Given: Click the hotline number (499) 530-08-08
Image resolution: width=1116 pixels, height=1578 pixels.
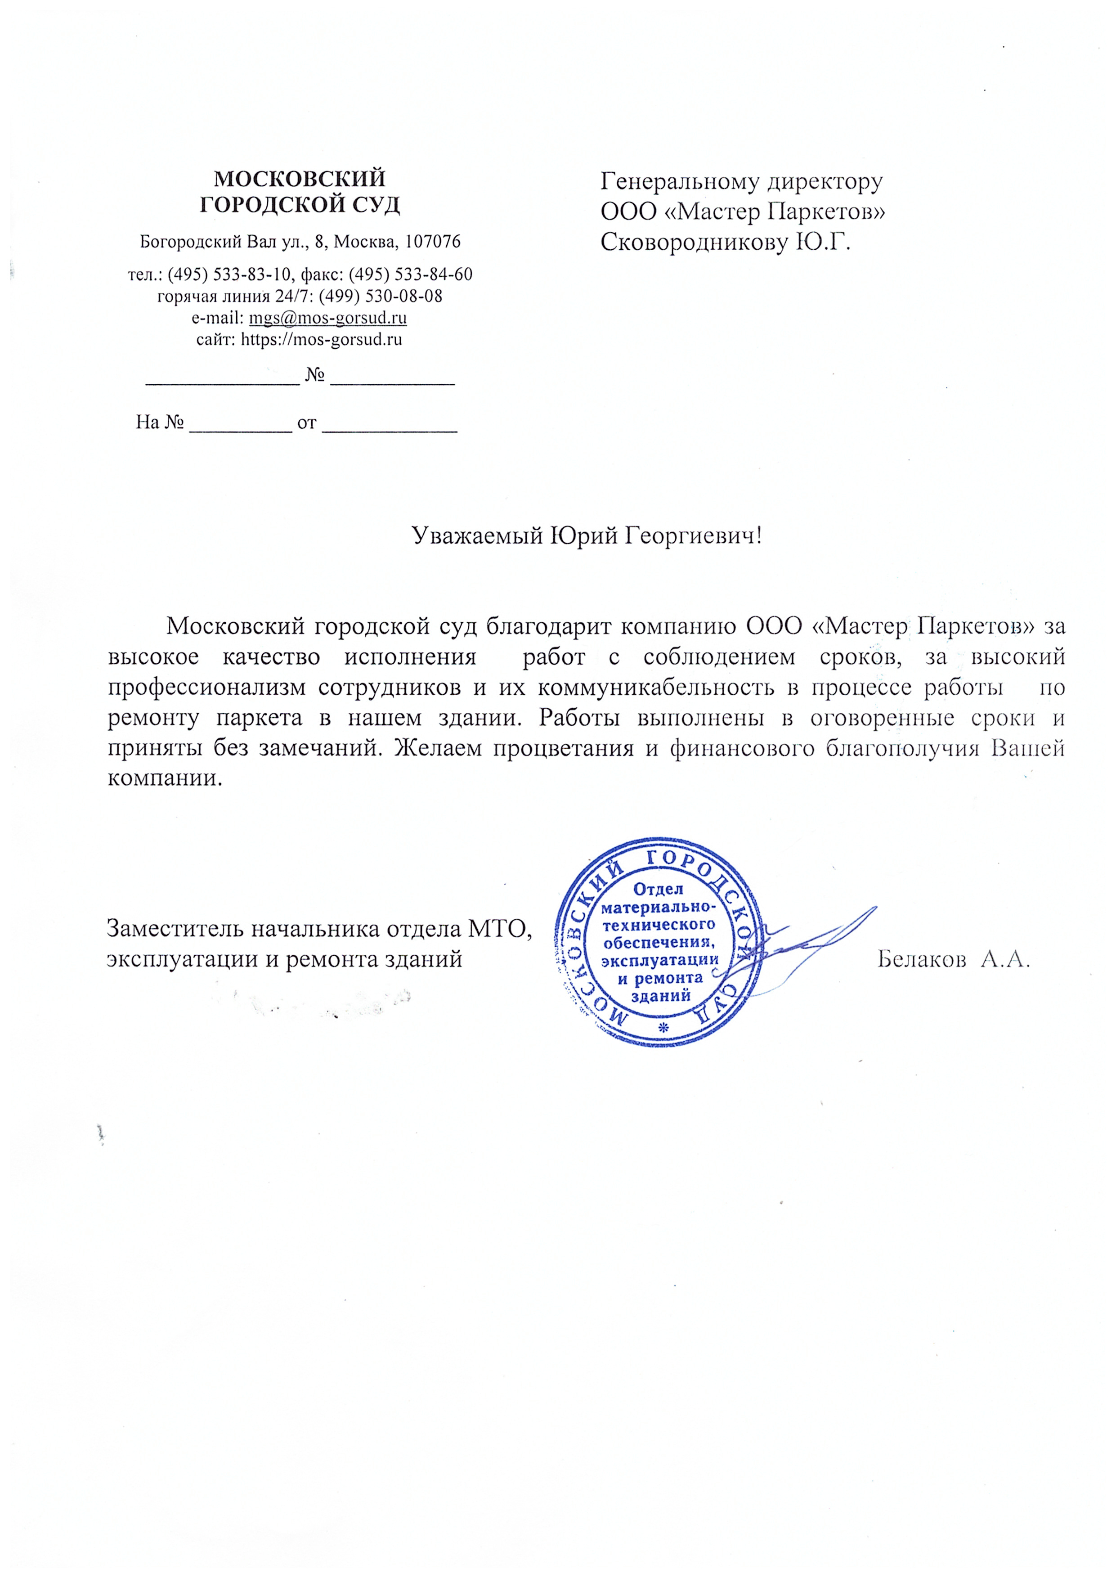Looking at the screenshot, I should pyautogui.click(x=380, y=296).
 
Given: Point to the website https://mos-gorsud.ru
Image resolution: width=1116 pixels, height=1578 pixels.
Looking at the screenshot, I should pyautogui.click(x=321, y=340).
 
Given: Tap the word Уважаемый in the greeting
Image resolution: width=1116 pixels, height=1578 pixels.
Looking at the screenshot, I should pyautogui.click(x=478, y=535).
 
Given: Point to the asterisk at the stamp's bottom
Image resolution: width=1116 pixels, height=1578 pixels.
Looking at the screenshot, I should pyautogui.click(x=663, y=1028).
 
